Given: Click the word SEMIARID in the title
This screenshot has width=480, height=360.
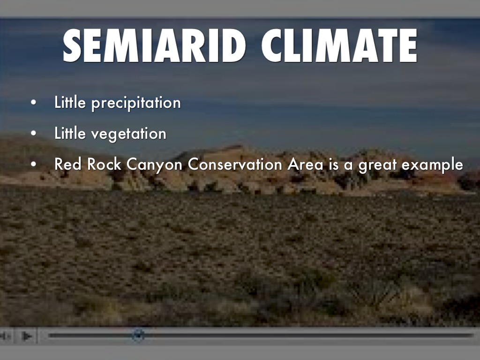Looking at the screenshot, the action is pyautogui.click(x=154, y=45).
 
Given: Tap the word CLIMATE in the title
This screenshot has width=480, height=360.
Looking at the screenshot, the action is pyautogui.click(x=339, y=45).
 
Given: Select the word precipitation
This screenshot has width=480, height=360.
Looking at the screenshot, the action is pyautogui.click(x=136, y=103).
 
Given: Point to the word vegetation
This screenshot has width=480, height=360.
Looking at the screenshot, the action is pyautogui.click(x=128, y=134).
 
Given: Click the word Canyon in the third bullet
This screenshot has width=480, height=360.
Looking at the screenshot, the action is pyautogui.click(x=154, y=165).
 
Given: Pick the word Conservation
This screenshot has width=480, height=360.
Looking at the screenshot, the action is pyautogui.click(x=234, y=164).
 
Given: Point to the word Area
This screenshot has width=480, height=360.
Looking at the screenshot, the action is pyautogui.click(x=305, y=164).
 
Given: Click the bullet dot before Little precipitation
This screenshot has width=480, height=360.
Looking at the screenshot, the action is pyautogui.click(x=33, y=103).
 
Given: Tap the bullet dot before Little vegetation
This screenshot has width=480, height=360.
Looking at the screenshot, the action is pyautogui.click(x=33, y=133).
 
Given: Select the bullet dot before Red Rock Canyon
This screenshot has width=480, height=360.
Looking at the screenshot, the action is pyautogui.click(x=33, y=164).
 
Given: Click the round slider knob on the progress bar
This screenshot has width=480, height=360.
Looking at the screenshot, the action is pyautogui.click(x=138, y=335).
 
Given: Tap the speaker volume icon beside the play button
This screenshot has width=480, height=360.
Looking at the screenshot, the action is pyautogui.click(x=5, y=336).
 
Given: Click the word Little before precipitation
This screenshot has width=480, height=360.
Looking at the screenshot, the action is pyautogui.click(x=70, y=102).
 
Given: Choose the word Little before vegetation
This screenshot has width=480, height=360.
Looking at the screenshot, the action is pyautogui.click(x=70, y=133).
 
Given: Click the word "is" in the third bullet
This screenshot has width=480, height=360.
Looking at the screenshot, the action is pyautogui.click(x=333, y=164).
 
